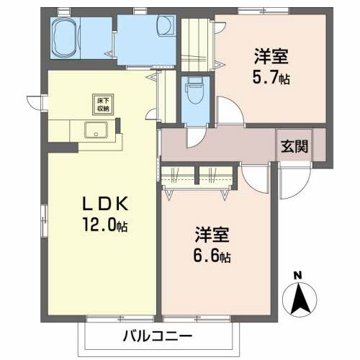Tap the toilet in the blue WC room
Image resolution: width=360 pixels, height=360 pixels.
point(193,92)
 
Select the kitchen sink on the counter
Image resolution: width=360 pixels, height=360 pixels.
point(95,131)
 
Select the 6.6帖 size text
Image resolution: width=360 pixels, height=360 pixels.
point(212,256)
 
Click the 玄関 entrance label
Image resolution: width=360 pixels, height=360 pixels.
point(295,146)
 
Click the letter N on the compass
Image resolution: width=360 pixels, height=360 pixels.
point(299,274)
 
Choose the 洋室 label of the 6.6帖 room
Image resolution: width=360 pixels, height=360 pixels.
point(211,235)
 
